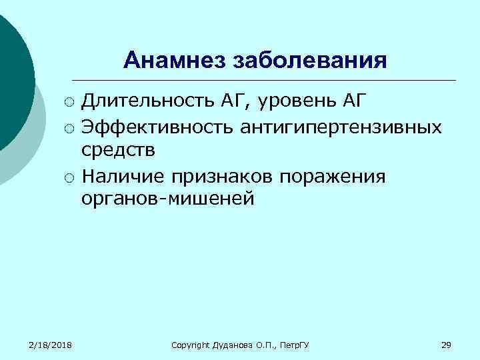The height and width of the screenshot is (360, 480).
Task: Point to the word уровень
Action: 299,101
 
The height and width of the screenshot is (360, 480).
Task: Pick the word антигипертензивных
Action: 341,127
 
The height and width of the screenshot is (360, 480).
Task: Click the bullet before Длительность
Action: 69,103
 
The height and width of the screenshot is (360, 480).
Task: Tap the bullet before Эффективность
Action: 69,127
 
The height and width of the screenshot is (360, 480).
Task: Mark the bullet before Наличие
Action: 69,177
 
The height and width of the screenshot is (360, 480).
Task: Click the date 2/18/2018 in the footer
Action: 51,344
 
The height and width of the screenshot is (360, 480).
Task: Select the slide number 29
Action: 447,344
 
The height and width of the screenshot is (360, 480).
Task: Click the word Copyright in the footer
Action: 191,345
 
